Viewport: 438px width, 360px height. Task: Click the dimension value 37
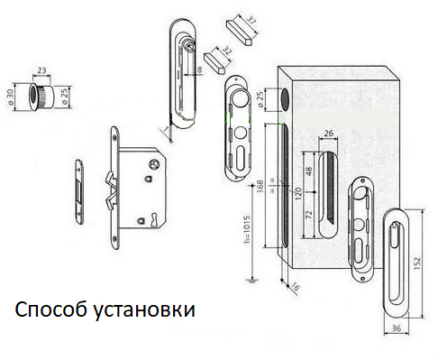(251, 22)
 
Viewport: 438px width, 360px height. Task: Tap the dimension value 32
(227, 51)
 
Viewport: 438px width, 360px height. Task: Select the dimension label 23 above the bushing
(41, 70)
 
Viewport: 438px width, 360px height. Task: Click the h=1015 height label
(247, 229)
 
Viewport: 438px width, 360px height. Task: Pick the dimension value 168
(260, 186)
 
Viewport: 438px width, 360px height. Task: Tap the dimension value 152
(417, 263)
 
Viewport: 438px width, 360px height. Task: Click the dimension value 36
(397, 328)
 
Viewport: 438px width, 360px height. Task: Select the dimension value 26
(329, 133)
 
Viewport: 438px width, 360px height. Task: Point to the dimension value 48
(308, 171)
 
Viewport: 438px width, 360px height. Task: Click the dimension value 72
(308, 215)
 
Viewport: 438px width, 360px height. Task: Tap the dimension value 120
(297, 194)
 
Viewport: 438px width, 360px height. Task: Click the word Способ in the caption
(51, 309)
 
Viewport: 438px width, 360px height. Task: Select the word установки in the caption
(144, 310)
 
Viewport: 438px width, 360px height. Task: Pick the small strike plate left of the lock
(79, 191)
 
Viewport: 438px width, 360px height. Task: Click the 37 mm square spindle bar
(240, 32)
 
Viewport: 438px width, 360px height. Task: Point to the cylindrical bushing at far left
(41, 96)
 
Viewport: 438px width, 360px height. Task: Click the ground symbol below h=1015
(251, 282)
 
